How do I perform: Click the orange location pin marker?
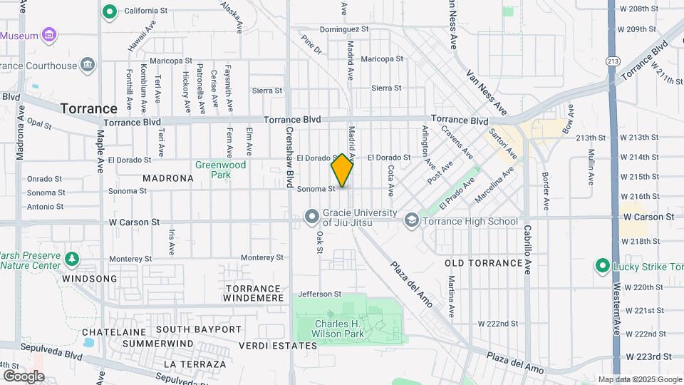pos(342,171)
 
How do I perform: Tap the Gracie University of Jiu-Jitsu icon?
pos(311,215)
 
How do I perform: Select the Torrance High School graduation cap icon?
pos(411,221)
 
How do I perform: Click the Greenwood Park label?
pos(220,170)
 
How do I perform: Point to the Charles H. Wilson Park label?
pos(339,329)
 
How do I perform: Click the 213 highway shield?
pos(612,62)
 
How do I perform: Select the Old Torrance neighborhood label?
pos(484,263)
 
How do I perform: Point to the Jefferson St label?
pos(316,294)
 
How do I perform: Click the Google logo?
pos(24,376)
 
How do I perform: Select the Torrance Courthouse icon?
pos(87,66)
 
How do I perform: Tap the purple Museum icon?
pos(49,35)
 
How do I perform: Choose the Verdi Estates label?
pos(268,346)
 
